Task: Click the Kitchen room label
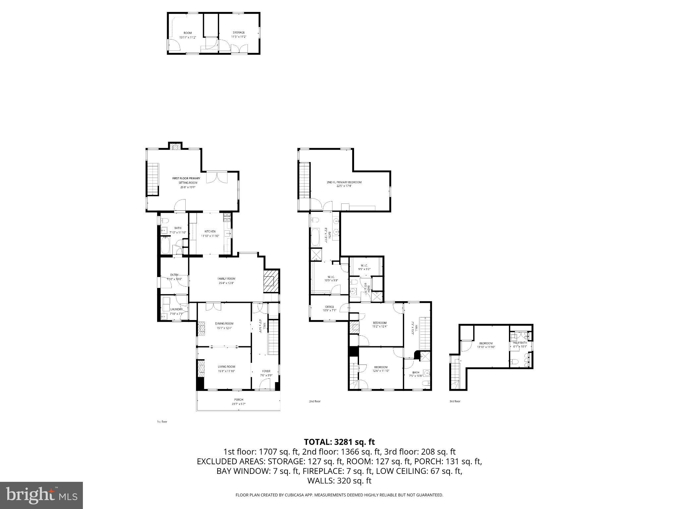(x=210, y=232)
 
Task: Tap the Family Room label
(x=226, y=279)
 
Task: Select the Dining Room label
(x=224, y=324)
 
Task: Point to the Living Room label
(x=226, y=367)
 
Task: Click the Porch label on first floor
(x=238, y=400)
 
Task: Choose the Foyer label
(x=266, y=371)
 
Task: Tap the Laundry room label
(x=176, y=310)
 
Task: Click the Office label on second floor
(x=330, y=307)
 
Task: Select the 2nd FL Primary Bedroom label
(x=344, y=182)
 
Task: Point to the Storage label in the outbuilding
(x=238, y=33)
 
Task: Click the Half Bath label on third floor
(x=520, y=343)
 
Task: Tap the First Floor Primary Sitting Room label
(x=186, y=179)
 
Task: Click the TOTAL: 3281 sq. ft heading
(x=339, y=442)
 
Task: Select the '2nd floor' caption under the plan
(x=315, y=401)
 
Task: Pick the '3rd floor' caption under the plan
(x=455, y=401)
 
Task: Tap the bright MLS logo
(x=41, y=495)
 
